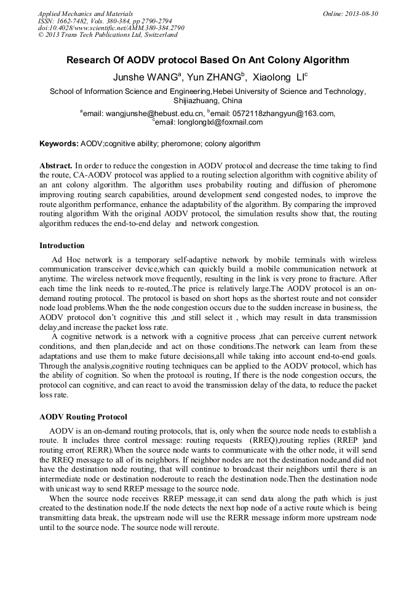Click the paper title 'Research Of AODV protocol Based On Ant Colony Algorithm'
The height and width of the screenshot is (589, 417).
pos(208,60)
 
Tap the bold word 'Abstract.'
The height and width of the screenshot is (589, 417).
pos(56,166)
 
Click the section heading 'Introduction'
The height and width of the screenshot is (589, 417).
pos(62,246)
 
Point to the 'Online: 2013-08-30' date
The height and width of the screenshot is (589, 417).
pos(351,14)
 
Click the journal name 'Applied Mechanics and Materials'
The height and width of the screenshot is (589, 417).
pos(85,14)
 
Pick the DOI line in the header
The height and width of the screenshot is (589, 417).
pos(111,28)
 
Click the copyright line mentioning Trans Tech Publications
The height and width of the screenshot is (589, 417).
pos(108,35)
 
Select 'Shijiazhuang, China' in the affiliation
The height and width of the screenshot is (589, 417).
pos(208,100)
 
